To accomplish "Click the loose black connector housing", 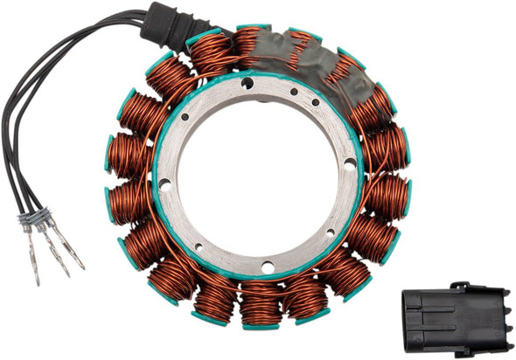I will pos(454,312).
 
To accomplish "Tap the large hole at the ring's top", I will pos(248,82).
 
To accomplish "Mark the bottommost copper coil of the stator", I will pos(261,303).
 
